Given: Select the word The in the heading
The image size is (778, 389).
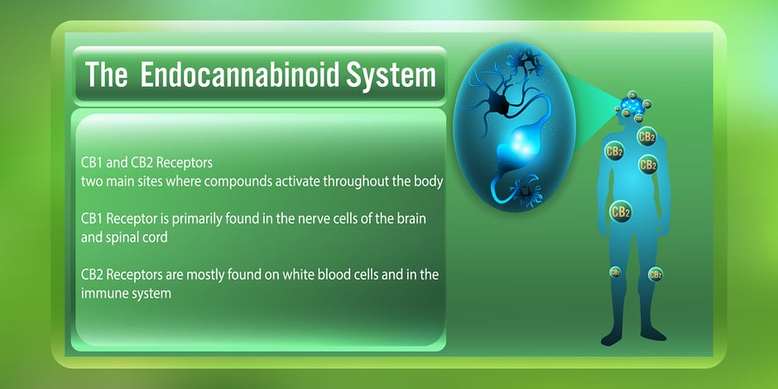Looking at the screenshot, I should point(107,76).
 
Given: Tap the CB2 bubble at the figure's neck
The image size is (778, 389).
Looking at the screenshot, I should point(646,136).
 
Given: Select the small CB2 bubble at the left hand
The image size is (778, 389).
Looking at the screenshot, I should point(616,271).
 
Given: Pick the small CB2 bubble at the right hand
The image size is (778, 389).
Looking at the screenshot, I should point(655,274).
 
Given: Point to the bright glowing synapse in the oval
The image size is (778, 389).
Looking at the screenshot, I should point(507,147).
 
